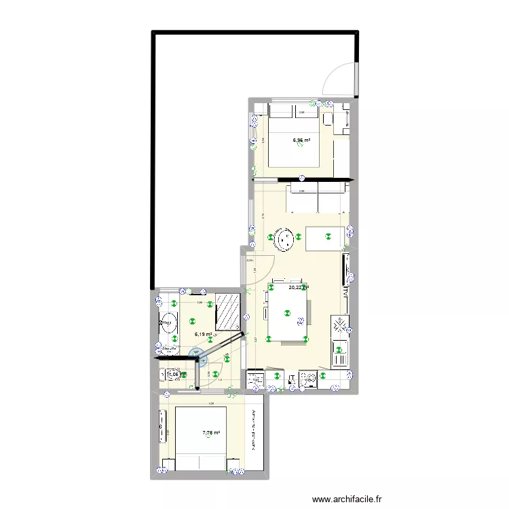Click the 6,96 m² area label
[x=301, y=141]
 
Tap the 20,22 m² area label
[x=299, y=288]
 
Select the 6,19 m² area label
[x=203, y=334]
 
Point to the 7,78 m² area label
[x=211, y=432]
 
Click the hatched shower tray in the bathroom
[x=229, y=312]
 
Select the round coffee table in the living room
[x=283, y=238]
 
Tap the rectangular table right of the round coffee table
[x=326, y=238]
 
